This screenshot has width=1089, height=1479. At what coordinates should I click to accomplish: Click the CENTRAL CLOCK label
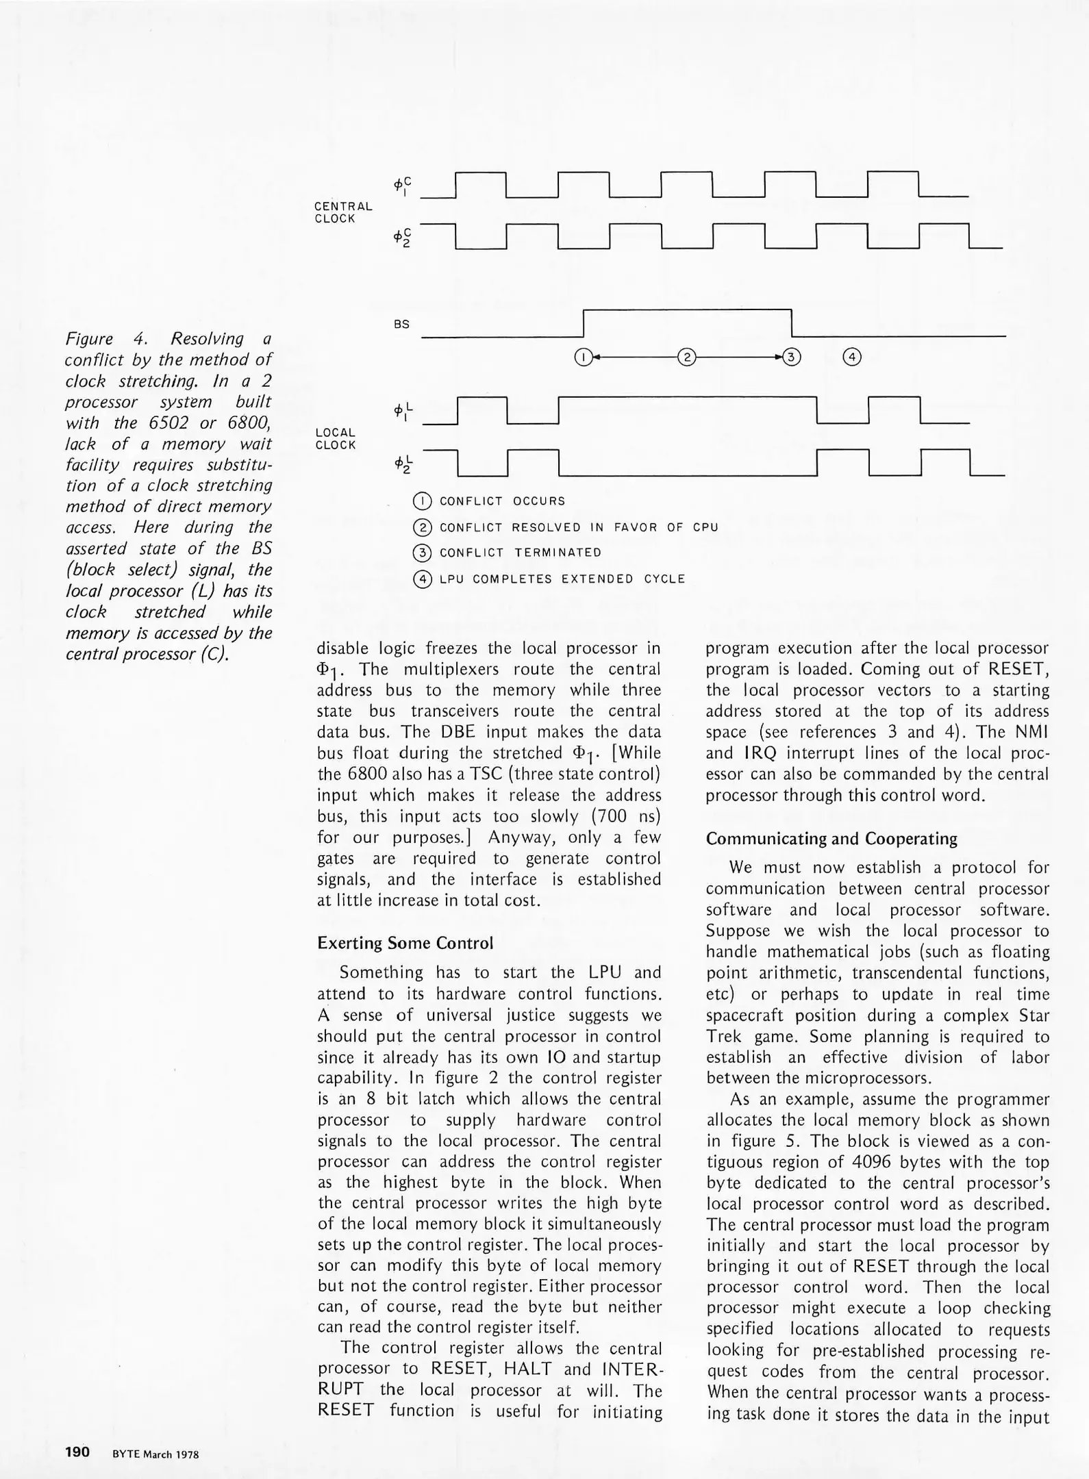coord(343,212)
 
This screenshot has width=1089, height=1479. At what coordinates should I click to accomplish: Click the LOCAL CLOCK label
coord(336,439)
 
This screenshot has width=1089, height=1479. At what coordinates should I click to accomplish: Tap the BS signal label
coord(401,325)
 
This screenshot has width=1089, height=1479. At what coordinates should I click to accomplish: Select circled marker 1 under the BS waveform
coord(582,357)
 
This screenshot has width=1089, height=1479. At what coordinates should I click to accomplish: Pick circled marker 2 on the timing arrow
coord(686,357)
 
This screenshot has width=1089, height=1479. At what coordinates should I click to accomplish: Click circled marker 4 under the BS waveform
coord(852,357)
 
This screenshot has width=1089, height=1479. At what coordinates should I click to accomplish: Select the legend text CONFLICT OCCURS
coord(502,501)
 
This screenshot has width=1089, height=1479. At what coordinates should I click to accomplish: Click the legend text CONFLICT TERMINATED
coord(520,553)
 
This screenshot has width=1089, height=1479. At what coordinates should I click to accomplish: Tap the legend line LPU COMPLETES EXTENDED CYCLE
coord(562,579)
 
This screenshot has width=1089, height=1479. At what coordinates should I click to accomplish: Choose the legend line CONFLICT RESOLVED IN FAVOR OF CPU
coord(579,527)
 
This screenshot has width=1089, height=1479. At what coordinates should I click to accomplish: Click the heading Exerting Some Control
coord(405,943)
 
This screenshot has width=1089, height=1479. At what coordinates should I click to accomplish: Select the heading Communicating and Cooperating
coord(831,839)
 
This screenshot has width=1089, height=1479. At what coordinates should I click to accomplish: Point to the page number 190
coord(77,1452)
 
